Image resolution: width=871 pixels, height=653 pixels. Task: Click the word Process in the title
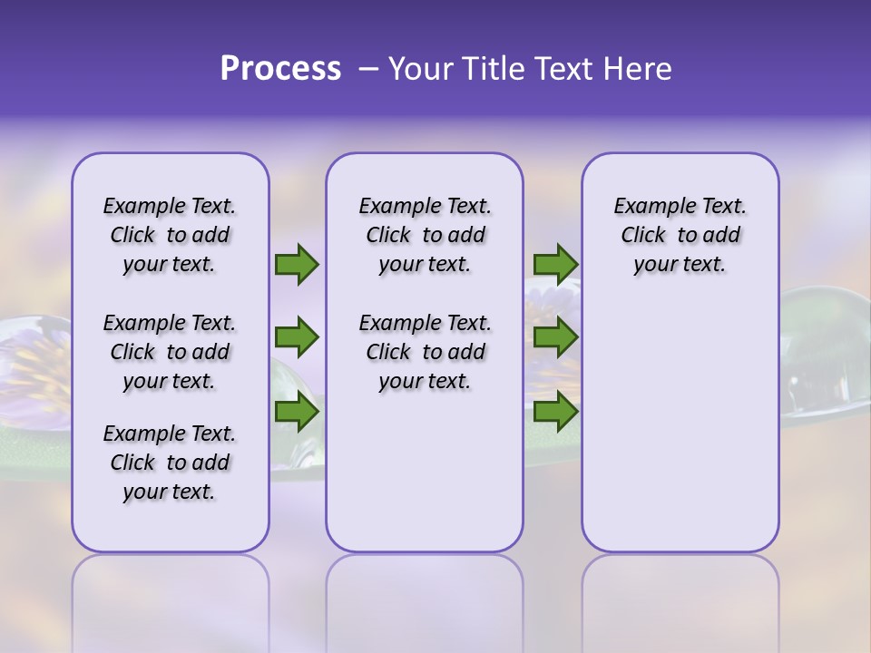280,69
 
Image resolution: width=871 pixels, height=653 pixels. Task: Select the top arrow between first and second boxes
297,264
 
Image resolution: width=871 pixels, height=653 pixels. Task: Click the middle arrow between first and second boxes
297,337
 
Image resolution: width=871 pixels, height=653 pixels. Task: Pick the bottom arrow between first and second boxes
297,413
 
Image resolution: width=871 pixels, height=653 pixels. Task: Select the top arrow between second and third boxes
555,264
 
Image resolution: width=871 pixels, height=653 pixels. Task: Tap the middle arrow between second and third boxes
555,337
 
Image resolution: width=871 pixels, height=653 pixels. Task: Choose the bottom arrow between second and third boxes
555,413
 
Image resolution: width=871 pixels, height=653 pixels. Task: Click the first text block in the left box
170,235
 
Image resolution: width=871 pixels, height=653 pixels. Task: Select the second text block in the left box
170,352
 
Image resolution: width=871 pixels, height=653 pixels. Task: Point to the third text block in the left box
170,463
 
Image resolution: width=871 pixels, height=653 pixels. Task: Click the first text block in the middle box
425,235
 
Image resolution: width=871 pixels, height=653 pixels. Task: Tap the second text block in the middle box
425,352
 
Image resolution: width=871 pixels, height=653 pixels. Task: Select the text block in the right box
680,235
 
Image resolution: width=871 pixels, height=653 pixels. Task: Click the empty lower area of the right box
680,426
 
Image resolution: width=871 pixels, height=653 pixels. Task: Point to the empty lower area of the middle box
425,472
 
